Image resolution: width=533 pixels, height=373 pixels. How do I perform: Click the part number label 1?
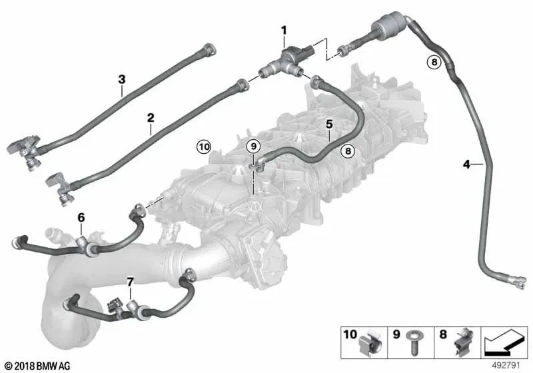284,31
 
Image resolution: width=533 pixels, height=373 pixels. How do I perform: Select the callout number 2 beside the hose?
151,118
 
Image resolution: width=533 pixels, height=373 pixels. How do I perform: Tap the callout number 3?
122,79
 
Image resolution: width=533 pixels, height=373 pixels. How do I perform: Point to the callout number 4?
467,165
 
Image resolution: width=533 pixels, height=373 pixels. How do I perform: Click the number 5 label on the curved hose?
329,125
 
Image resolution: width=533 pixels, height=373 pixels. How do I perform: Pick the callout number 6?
81,217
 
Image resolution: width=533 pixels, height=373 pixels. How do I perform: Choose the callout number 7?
130,282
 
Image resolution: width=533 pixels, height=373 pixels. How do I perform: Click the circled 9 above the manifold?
253,147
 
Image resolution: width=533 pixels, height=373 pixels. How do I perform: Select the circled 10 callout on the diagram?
204,147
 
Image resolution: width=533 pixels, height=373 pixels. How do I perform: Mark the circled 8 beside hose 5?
348,151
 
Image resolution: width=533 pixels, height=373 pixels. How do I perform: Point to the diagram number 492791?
506,366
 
